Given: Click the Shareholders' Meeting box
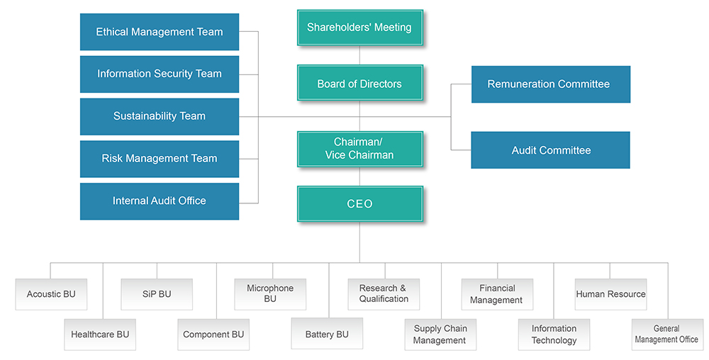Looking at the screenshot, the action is point(360,28).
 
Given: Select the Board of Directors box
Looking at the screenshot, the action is point(360,83).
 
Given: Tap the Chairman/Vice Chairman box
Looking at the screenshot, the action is point(360,149).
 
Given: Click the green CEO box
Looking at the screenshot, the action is point(360,203).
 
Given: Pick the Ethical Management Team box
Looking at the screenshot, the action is point(160,32).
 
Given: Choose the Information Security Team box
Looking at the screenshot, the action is point(160,74).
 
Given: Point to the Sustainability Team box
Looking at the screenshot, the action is point(160,116).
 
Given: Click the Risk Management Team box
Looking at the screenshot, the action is point(160,159).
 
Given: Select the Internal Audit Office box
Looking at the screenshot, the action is point(160,201).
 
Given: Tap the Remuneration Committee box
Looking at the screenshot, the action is point(551,84).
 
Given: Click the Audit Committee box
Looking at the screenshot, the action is point(551,150).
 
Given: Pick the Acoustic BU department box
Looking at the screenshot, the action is point(51,294).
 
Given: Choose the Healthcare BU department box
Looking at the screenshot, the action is point(100,334).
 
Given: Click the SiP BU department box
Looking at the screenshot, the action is point(157,294).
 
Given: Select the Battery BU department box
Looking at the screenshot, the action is point(327,334).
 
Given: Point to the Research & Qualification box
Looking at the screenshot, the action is point(384,294).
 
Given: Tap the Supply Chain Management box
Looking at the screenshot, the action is point(440,334).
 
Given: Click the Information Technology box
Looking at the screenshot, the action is point(554,334).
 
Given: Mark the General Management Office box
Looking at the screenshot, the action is point(667,334).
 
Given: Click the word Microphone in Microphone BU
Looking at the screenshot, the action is point(270,288).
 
